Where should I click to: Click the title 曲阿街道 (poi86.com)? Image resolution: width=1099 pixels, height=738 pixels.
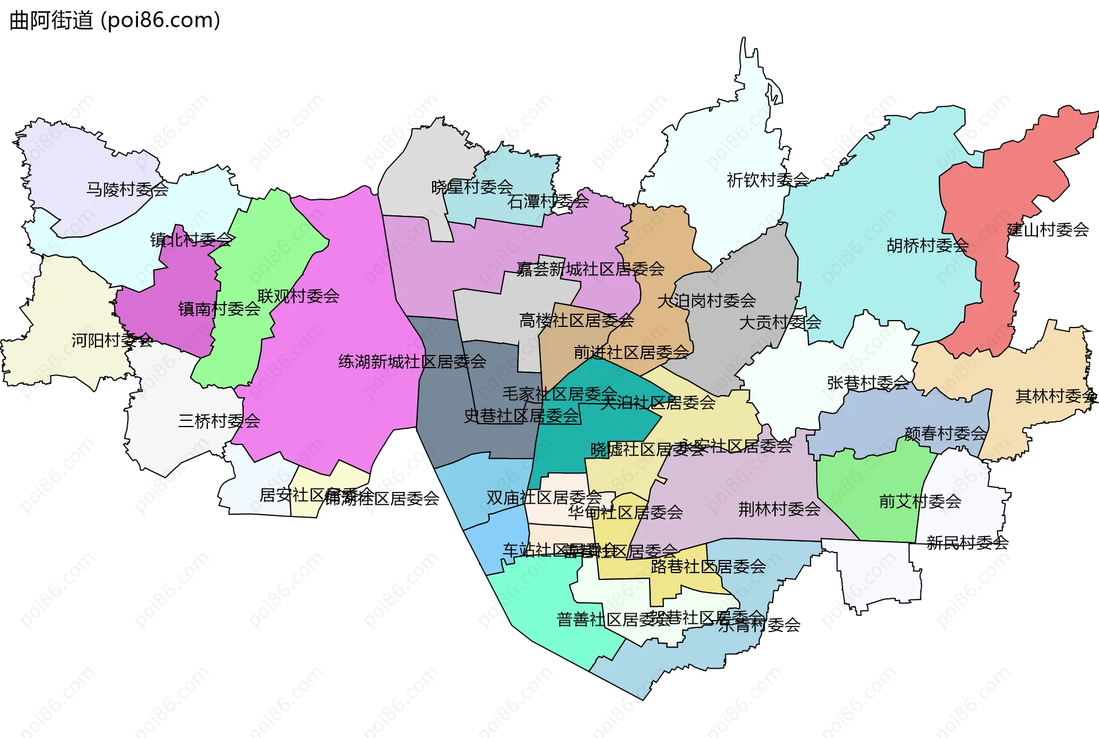coord(114,21)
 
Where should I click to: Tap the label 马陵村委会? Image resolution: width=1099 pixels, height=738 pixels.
coord(127,189)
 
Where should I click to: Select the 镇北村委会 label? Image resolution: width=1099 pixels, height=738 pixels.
coord(191,239)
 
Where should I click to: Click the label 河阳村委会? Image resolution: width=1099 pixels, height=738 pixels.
coord(112,341)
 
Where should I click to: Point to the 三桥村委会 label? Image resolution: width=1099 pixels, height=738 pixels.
coord(219,421)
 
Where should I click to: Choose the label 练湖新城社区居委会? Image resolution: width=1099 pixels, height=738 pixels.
coord(412,362)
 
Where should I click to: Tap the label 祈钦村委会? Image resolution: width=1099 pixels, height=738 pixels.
coord(768,180)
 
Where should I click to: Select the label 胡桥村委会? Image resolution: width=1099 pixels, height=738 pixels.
coord(927,246)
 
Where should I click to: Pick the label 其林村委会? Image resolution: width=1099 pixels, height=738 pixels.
coord(1056,396)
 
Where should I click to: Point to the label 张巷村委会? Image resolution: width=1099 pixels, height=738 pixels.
coord(868,382)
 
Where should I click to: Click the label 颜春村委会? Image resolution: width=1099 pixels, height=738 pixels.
coord(945,433)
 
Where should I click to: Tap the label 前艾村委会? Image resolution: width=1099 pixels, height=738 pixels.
coord(920,502)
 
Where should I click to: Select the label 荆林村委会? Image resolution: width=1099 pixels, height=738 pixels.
coord(779,509)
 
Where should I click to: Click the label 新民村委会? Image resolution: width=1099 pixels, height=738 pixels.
coord(967,543)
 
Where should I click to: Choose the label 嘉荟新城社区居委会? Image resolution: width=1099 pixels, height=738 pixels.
coord(590,269)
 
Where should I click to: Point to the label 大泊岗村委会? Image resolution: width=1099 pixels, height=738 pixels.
coord(706,301)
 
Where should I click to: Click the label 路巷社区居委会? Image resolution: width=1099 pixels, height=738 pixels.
coord(708,567)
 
